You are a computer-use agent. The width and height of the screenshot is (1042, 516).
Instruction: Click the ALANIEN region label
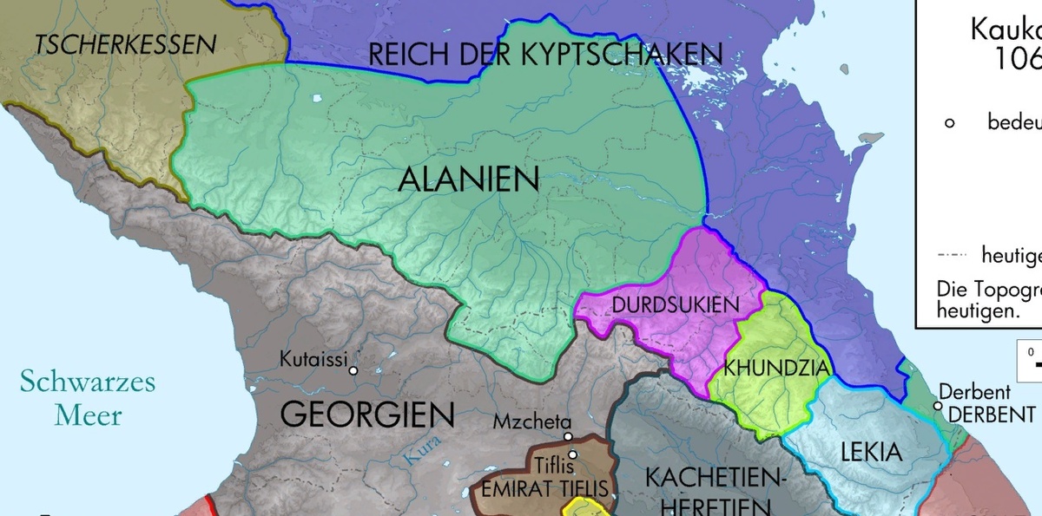(x=469, y=180)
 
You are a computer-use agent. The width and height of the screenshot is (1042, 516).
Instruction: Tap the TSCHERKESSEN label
(x=125, y=43)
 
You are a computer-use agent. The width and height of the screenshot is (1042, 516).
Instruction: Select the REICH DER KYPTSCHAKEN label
(x=545, y=54)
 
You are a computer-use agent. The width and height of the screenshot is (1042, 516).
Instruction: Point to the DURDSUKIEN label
(x=676, y=305)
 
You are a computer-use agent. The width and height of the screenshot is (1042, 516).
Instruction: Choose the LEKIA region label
(x=872, y=452)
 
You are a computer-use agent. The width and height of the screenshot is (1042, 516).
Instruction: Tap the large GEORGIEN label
(x=367, y=415)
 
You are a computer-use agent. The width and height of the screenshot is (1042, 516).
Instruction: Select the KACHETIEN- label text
(x=715, y=478)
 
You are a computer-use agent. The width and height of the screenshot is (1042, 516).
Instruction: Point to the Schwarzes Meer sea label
(x=88, y=397)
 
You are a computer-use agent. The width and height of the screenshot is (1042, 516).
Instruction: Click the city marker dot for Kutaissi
(x=353, y=371)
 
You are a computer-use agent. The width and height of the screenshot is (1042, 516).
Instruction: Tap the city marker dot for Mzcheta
(x=568, y=437)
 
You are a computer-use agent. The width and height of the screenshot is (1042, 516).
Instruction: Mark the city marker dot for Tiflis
(x=572, y=454)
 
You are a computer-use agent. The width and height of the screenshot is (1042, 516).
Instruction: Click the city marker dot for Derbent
(x=938, y=405)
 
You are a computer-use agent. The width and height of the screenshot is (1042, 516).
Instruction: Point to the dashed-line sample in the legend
(x=953, y=257)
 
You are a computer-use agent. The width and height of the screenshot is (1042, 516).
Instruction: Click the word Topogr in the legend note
(x=1003, y=289)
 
